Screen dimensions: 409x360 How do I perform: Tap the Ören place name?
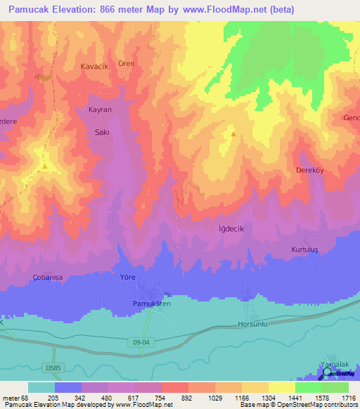coord(127,63)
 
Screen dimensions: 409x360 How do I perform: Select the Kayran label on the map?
coord(100,110)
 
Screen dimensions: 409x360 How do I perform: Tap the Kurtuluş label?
coord(305,250)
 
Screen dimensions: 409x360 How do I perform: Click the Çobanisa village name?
coord(48,278)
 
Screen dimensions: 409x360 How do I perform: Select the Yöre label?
coord(127,278)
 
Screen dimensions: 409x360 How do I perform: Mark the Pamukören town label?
coord(152,303)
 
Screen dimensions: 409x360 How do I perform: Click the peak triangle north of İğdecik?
coord(233,132)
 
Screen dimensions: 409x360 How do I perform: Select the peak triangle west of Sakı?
coord(44,167)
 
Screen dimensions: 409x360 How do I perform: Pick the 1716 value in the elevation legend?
coord(348,398)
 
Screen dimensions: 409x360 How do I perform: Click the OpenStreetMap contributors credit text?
coord(309,405)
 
